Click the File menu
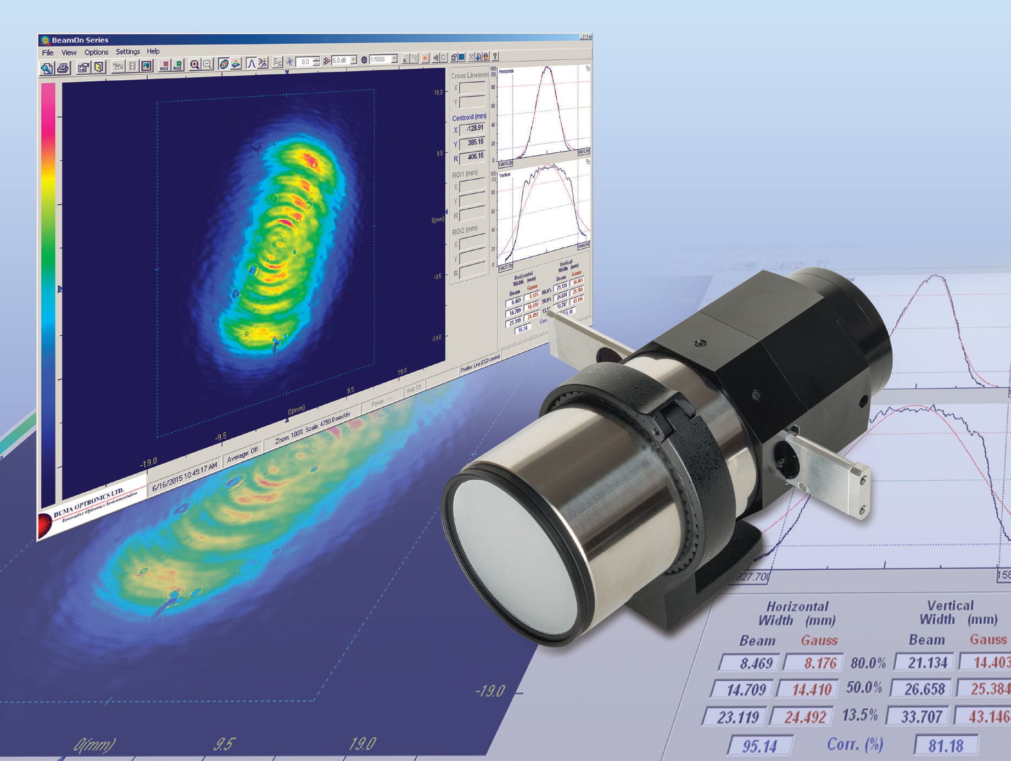click(48, 53)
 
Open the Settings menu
click(127, 52)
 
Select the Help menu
click(153, 51)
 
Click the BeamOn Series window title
click(80, 40)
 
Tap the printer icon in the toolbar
click(63, 68)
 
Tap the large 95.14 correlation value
click(759, 746)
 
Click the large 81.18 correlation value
click(946, 745)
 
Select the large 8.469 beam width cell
click(756, 663)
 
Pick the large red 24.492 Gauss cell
click(805, 717)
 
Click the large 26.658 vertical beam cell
click(925, 689)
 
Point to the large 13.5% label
click(859, 715)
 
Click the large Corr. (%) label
click(854, 745)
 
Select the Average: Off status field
click(242, 454)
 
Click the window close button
click(590, 37)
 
